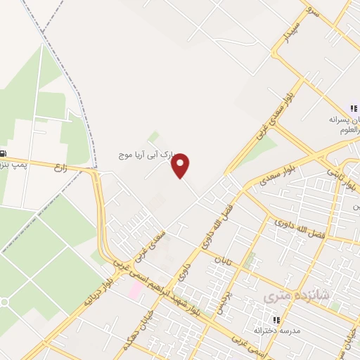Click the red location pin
181,165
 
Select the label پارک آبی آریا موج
146,153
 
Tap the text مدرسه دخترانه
276,330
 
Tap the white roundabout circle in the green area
4,302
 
